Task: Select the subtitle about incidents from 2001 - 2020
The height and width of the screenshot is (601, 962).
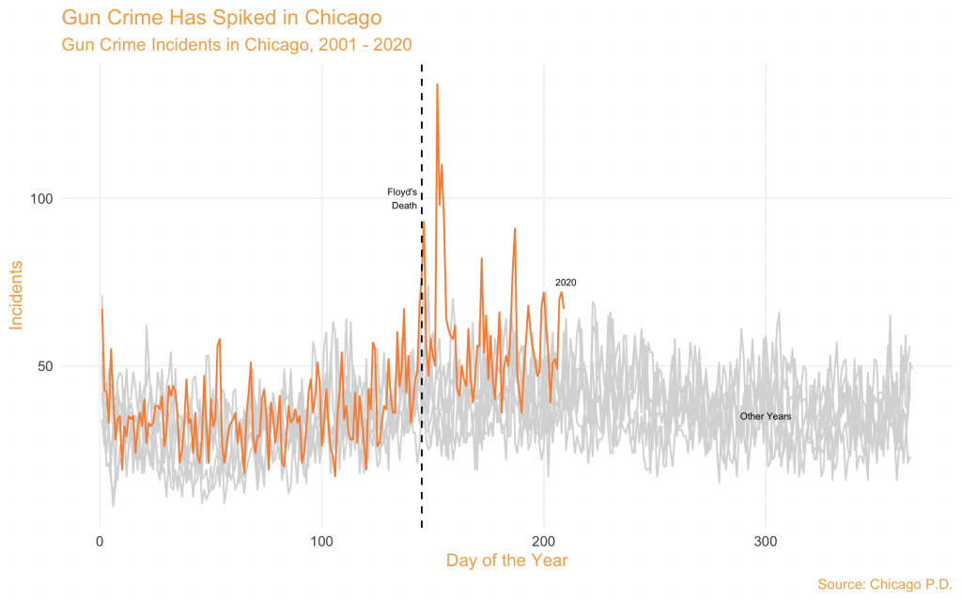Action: point(236,44)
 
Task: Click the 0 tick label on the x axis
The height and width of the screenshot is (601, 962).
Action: point(100,542)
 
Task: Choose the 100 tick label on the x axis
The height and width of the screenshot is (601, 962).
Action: point(321,542)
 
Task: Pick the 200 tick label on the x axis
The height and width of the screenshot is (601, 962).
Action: point(544,542)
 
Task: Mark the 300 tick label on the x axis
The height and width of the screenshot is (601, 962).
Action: point(766,542)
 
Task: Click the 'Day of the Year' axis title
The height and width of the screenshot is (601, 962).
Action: point(506,561)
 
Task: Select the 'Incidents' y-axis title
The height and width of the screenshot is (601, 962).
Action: point(17,296)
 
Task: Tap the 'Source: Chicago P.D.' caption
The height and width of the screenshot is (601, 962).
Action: point(885,584)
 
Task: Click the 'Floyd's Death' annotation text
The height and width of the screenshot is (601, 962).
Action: point(402,199)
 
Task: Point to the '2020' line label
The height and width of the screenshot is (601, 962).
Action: point(565,282)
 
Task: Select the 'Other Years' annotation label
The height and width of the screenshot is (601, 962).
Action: point(766,416)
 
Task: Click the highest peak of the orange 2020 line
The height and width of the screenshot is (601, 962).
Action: point(437,85)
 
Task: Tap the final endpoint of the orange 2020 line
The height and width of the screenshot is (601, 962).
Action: point(564,307)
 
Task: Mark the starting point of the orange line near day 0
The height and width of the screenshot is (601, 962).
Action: point(101,310)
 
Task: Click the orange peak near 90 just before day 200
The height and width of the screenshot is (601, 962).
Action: point(515,228)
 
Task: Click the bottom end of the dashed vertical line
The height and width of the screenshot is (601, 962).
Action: point(421,526)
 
